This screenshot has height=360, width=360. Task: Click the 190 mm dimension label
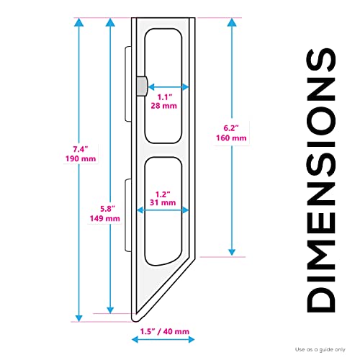[x=81, y=158]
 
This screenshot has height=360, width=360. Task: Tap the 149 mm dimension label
[x=105, y=218]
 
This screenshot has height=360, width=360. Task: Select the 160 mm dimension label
[x=231, y=138]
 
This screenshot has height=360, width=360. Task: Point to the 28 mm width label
[x=164, y=106]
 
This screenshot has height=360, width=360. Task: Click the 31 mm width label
[x=163, y=202]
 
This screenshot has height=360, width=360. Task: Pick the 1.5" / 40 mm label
[x=165, y=332]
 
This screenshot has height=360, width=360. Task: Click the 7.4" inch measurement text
[x=81, y=149]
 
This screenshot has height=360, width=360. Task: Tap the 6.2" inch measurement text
[x=231, y=128]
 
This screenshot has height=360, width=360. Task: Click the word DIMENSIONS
[x=321, y=181]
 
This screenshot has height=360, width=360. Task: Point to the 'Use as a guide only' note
[x=320, y=350]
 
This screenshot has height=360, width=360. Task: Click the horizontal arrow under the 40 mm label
[x=163, y=340]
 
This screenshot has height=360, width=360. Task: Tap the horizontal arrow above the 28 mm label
[x=168, y=86]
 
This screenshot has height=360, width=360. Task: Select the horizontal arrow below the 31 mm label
[x=163, y=210]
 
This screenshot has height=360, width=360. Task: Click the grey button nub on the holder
[x=142, y=86]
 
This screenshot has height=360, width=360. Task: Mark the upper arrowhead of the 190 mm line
[x=78, y=22]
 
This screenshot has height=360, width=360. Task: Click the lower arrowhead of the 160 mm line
[x=232, y=252]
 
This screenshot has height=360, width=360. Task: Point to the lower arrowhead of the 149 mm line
[x=110, y=310]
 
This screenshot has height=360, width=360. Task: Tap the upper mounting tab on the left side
[x=128, y=84]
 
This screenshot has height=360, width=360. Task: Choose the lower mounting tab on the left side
[x=128, y=215]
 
